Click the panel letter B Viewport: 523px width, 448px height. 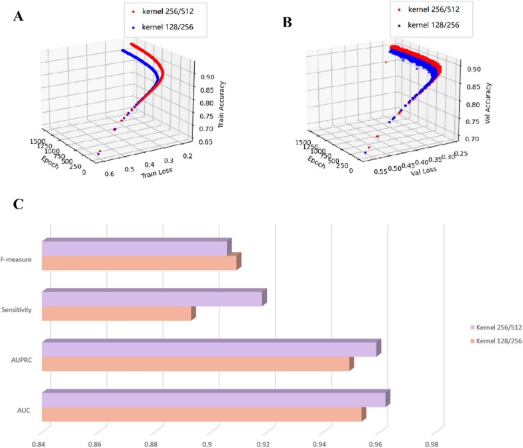288,21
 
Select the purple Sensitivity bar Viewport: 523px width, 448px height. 153,299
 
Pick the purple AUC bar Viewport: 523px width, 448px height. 213,399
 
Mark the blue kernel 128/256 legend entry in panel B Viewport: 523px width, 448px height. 433,25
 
